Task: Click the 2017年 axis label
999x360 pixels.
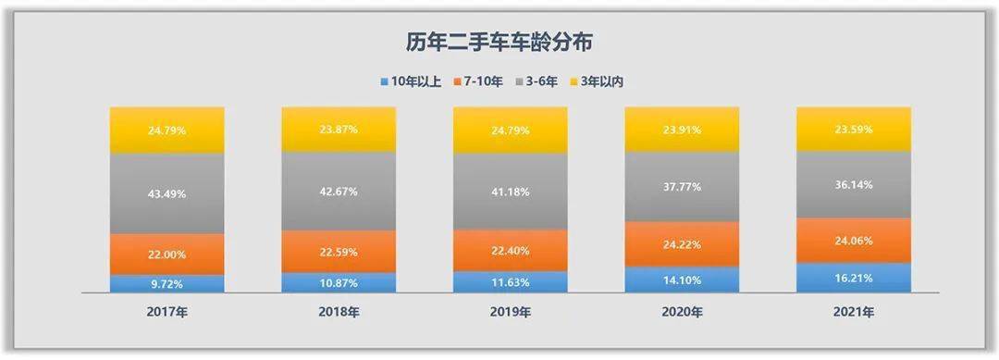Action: (x=166, y=311)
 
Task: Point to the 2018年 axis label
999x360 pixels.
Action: (x=339, y=311)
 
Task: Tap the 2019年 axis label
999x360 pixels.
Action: (x=510, y=311)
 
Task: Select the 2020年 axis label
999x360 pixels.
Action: (x=682, y=311)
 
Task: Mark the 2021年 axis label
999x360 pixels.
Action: (x=854, y=311)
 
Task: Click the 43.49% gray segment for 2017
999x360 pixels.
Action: (x=166, y=192)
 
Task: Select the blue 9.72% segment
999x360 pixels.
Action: (x=166, y=283)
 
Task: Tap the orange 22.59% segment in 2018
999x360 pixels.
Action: (x=339, y=251)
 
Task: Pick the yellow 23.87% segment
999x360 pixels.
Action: (x=339, y=130)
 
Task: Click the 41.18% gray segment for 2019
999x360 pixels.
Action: (x=510, y=191)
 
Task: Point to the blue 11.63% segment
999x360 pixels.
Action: (x=510, y=281)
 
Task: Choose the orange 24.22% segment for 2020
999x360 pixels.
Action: (x=682, y=244)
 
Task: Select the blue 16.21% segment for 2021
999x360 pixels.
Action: (x=854, y=277)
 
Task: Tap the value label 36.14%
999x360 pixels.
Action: (x=854, y=184)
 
